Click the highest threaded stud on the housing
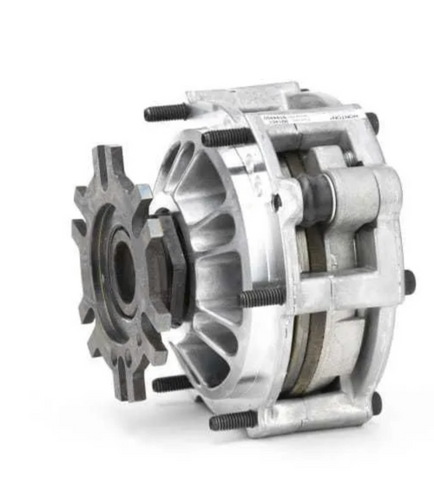165,113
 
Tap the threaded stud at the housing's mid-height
260,298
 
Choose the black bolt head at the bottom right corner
375,402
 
